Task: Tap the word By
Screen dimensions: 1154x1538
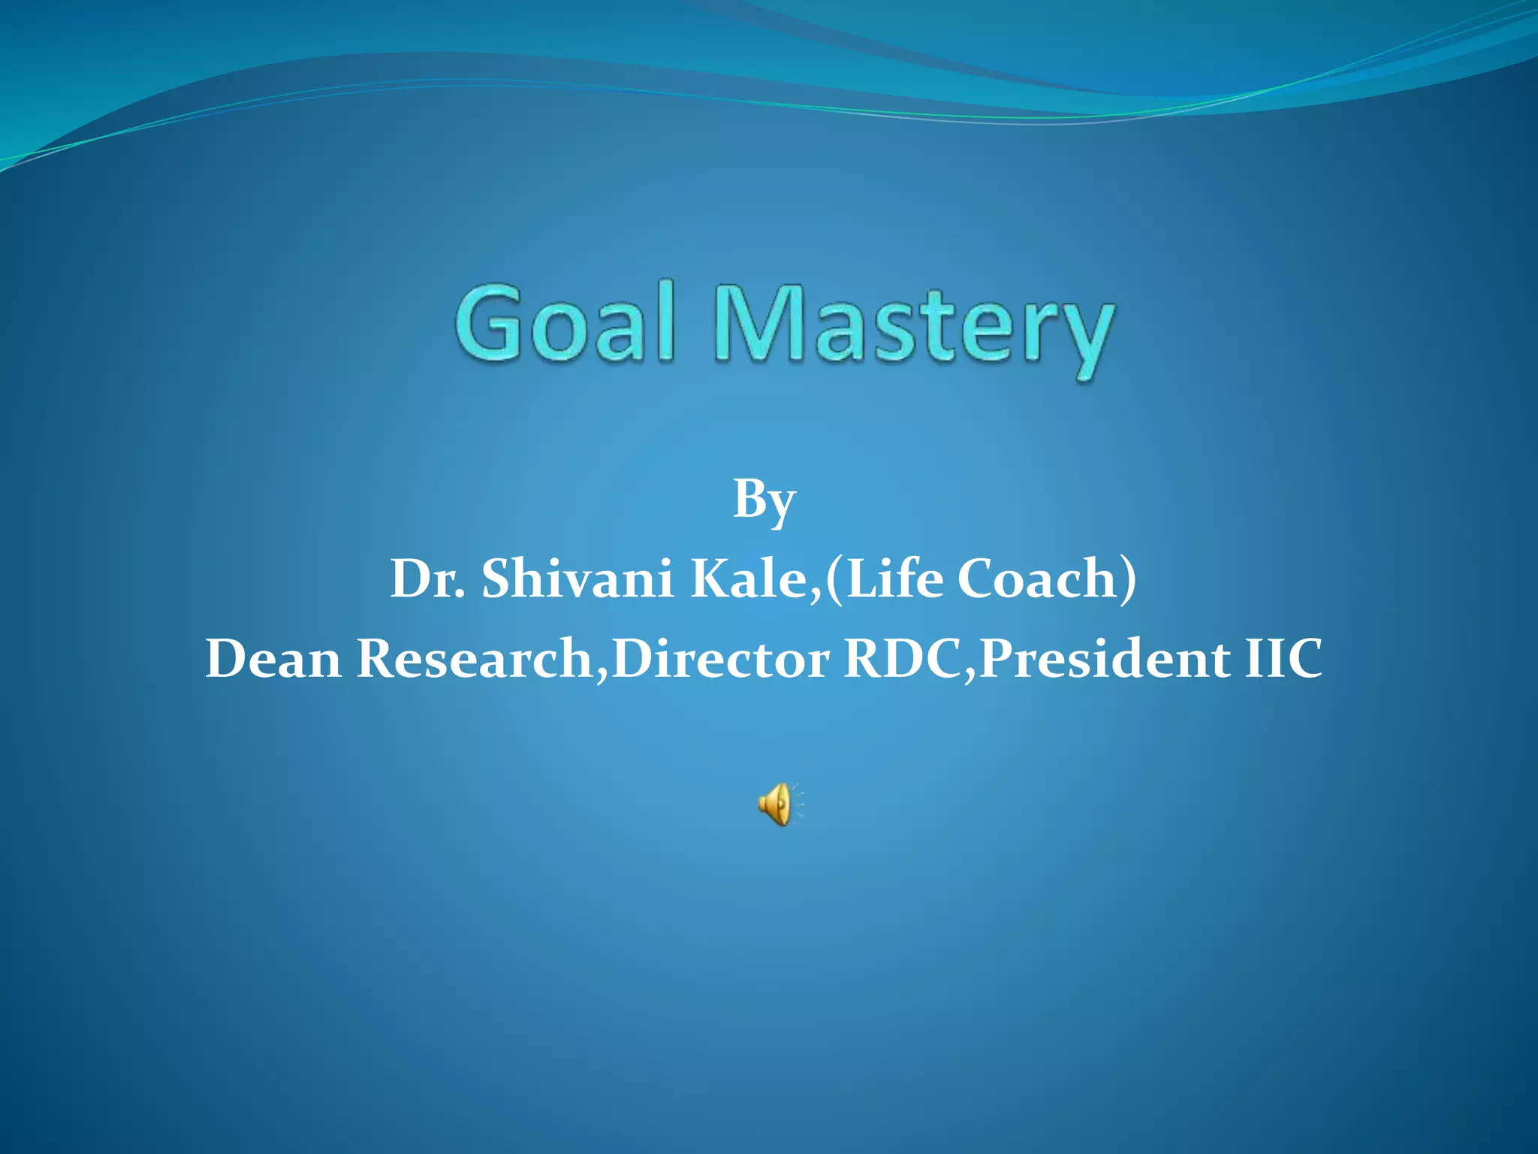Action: (x=764, y=500)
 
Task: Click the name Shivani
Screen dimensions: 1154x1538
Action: (x=577, y=579)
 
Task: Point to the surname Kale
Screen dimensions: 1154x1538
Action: (x=751, y=579)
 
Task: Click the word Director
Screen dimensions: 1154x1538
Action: (x=721, y=659)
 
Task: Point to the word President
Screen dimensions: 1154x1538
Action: (x=1105, y=659)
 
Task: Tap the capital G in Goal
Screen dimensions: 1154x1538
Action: (x=490, y=323)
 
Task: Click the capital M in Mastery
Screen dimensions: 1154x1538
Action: (x=758, y=323)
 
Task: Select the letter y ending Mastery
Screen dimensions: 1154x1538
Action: (x=1081, y=338)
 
